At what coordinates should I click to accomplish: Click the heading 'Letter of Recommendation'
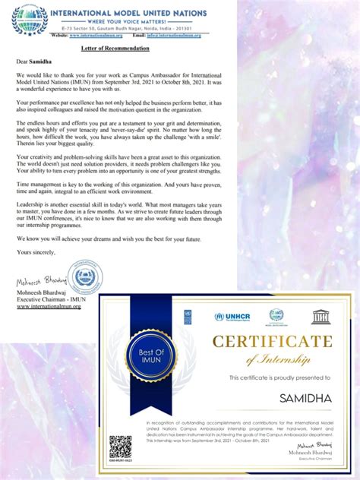[115, 47]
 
